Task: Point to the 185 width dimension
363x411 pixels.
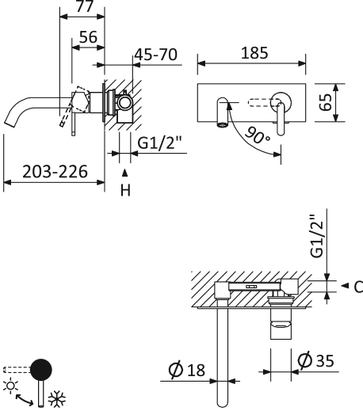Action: pyautogui.click(x=251, y=53)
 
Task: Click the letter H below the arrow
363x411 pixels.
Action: pyautogui.click(x=124, y=189)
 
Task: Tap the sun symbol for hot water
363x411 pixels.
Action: pyautogui.click(x=10, y=383)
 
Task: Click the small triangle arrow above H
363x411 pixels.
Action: pyautogui.click(x=124, y=171)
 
